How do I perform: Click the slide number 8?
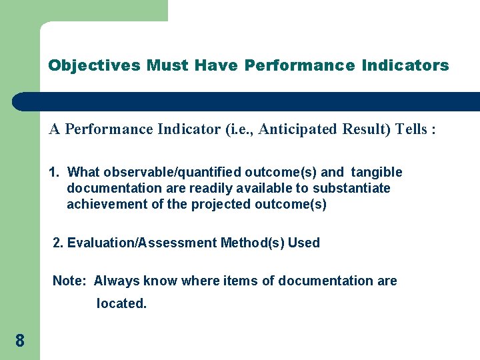[x=20, y=341]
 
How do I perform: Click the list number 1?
[x=54, y=173]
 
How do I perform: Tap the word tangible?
[x=377, y=173]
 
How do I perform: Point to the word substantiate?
[x=353, y=188]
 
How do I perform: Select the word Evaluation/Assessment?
[x=142, y=243]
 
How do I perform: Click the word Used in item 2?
[x=304, y=243]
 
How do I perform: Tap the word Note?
[x=69, y=281]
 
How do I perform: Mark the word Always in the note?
[x=114, y=281]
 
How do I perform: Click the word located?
[x=121, y=303]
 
